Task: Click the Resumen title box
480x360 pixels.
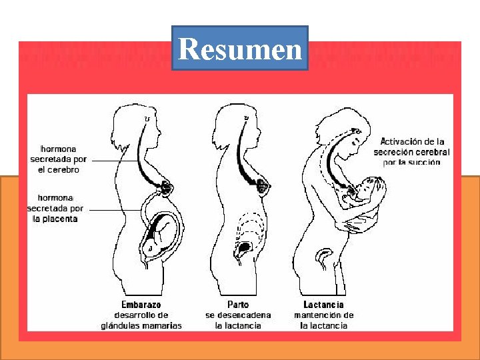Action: [x=240, y=48]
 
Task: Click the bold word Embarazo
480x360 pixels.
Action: [x=141, y=305]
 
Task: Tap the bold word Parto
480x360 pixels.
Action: [x=238, y=305]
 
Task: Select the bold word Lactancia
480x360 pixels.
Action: [x=324, y=305]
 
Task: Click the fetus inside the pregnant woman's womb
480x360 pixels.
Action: [x=160, y=233]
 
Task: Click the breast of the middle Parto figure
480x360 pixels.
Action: [x=264, y=187]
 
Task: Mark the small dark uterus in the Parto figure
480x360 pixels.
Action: [x=245, y=247]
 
